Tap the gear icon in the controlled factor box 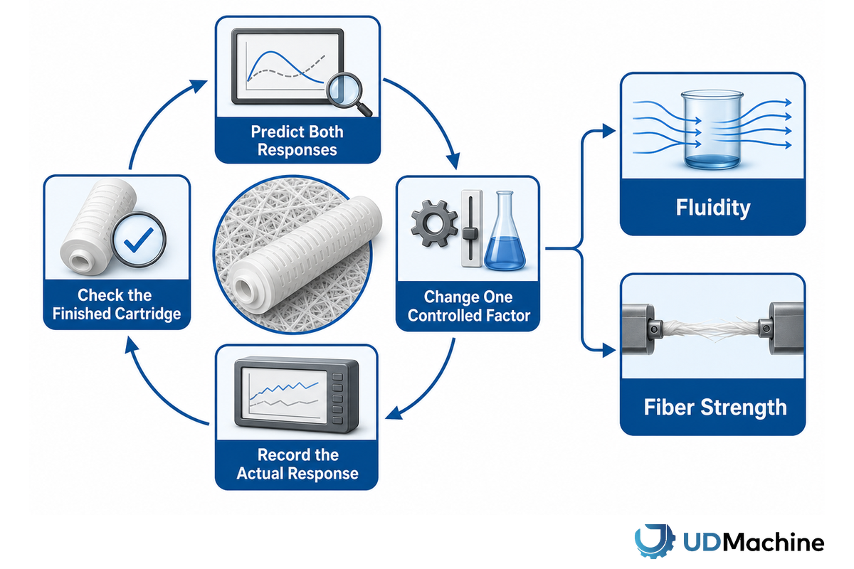click(435, 223)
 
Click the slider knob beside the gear click(470, 233)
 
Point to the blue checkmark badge click(138, 240)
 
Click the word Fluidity click(713, 208)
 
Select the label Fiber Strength click(715, 407)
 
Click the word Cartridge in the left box click(148, 314)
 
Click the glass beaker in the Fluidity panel click(712, 129)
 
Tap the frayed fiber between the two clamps click(711, 329)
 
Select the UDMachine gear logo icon click(655, 541)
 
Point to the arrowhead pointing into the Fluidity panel click(609, 131)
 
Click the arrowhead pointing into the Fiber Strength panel click(609, 350)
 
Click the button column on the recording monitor click(337, 398)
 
